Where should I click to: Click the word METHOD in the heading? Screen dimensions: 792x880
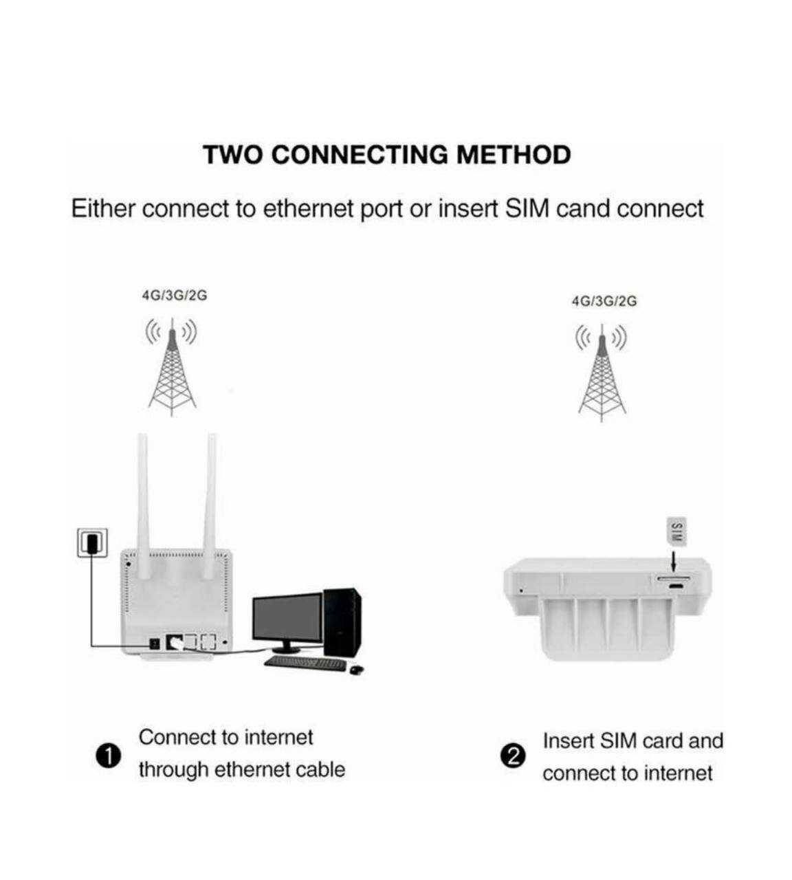[514, 155]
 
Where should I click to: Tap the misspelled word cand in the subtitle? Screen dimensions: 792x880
[583, 208]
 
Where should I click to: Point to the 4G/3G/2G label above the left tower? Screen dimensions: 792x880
[174, 296]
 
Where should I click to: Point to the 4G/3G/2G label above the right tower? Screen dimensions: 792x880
[604, 301]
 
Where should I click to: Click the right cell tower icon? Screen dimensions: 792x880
[602, 373]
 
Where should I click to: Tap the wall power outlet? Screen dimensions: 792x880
[93, 542]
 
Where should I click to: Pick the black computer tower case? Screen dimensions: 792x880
[342, 622]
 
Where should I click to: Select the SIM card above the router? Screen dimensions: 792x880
[676, 531]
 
